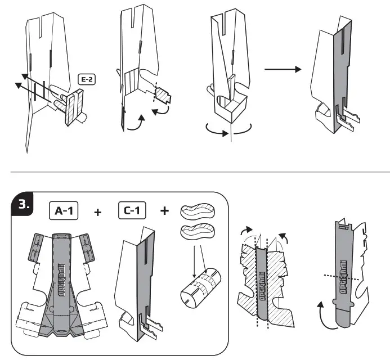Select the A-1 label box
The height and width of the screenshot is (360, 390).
[x=64, y=211]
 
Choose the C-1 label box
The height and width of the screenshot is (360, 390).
[x=132, y=211]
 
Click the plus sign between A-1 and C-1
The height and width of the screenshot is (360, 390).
[x=98, y=212]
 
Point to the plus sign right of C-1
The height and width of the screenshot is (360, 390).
[x=165, y=211]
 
